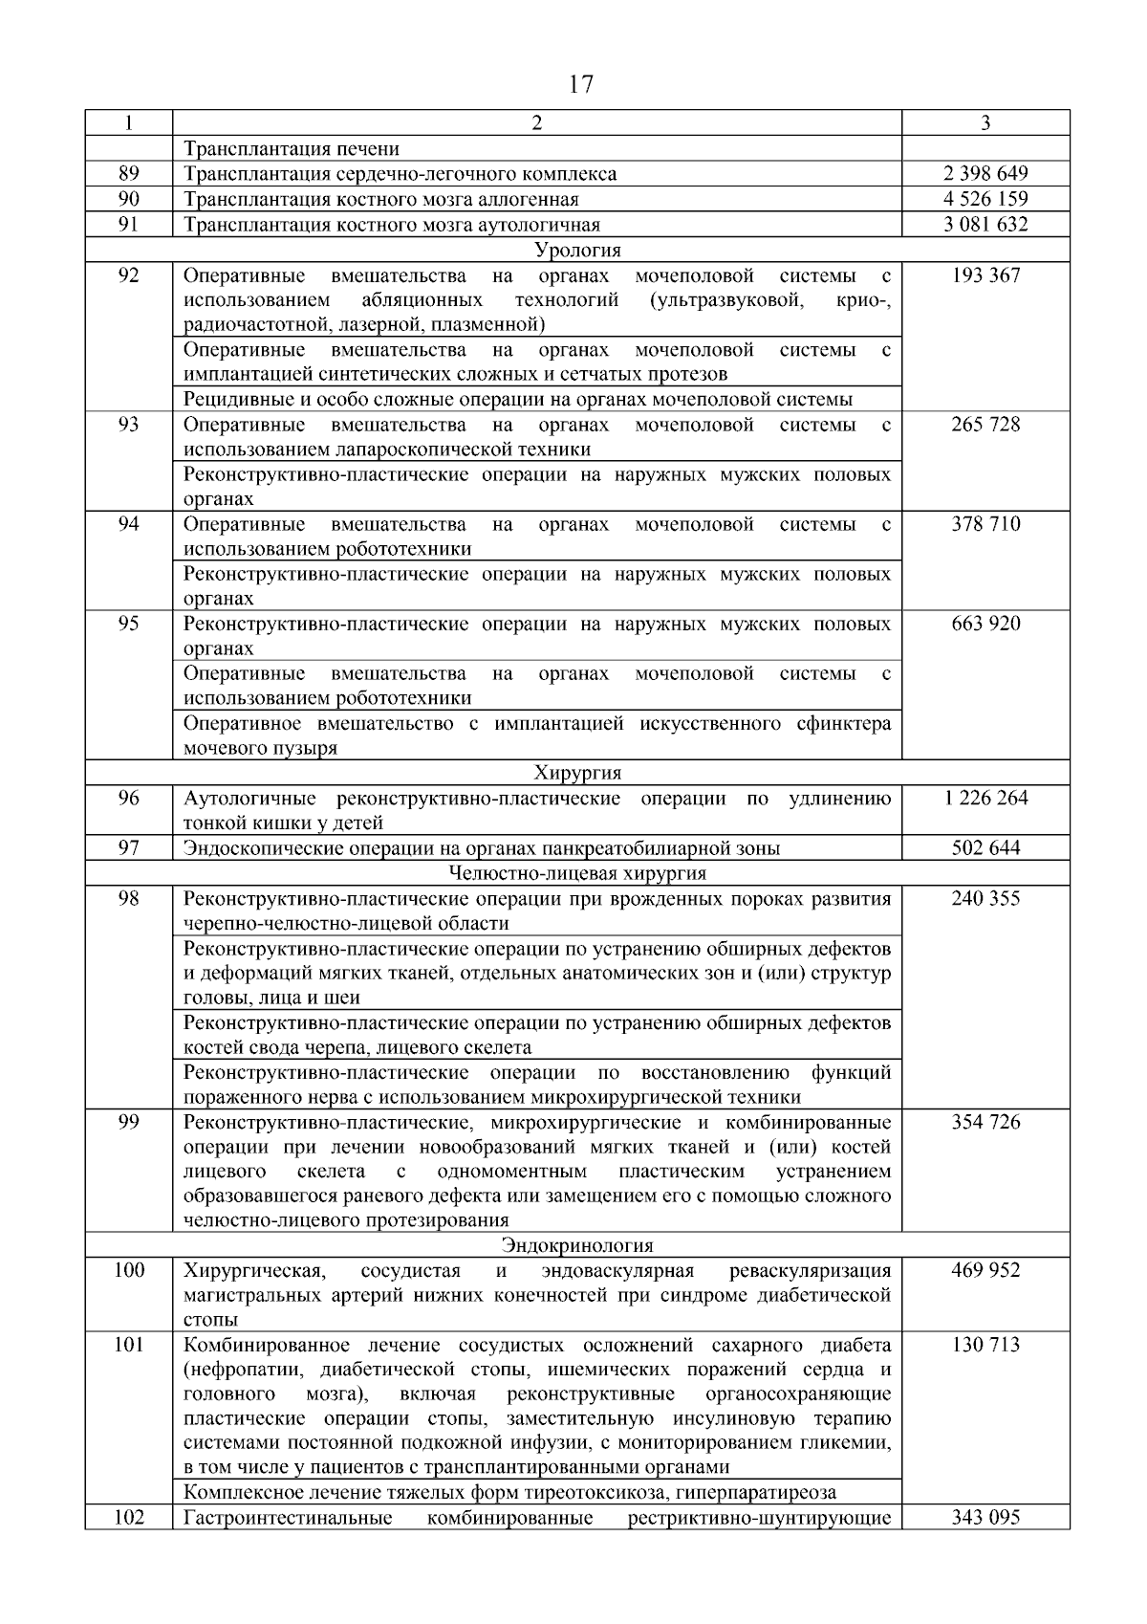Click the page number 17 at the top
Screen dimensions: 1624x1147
[580, 85]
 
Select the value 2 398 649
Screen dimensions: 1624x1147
[985, 174]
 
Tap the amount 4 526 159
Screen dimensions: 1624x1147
[985, 199]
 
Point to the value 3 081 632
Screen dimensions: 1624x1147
[985, 225]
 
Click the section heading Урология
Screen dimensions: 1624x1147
[576, 251]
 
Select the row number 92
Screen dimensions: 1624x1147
[128, 275]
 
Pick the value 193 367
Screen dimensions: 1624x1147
[985, 275]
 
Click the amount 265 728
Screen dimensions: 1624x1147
[985, 425]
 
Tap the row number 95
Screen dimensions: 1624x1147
[128, 624]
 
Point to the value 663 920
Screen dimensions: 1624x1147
[985, 624]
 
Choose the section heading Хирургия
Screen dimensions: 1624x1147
[576, 773]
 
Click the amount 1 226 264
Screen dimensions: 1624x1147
[985, 798]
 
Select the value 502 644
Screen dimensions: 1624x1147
[985, 847]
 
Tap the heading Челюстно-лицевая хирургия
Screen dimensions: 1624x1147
[576, 872]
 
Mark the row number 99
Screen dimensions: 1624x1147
[128, 1122]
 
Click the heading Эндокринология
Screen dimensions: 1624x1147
[576, 1245]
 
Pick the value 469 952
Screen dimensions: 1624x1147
[985, 1270]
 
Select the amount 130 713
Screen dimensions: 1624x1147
[985, 1345]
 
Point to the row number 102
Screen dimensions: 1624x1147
[128, 1518]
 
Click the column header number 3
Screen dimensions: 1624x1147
[985, 122]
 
